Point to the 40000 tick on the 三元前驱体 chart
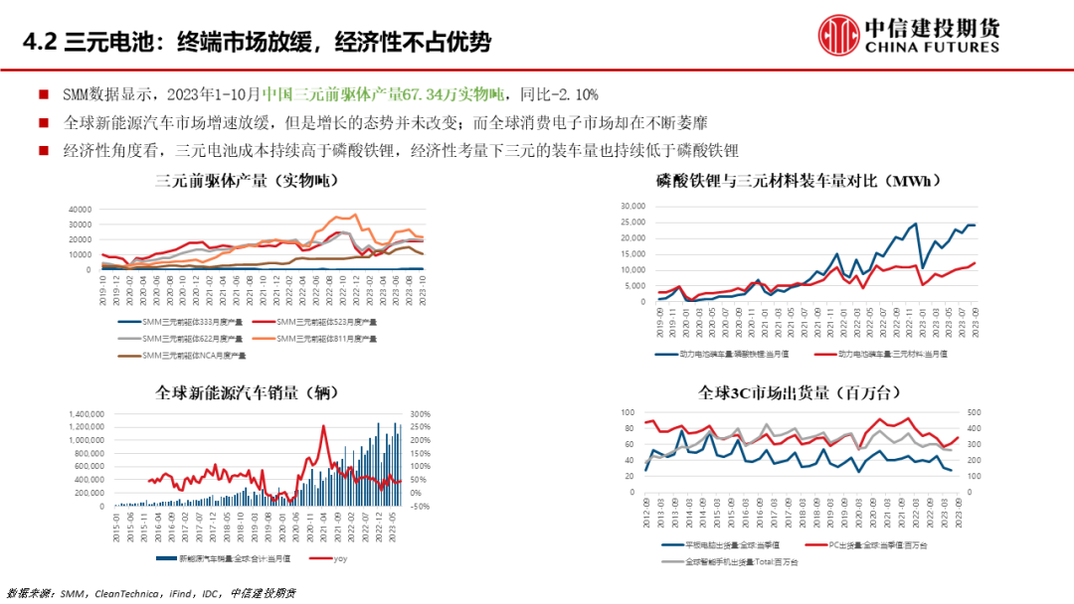click(79, 210)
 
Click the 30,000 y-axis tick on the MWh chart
click(632, 207)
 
